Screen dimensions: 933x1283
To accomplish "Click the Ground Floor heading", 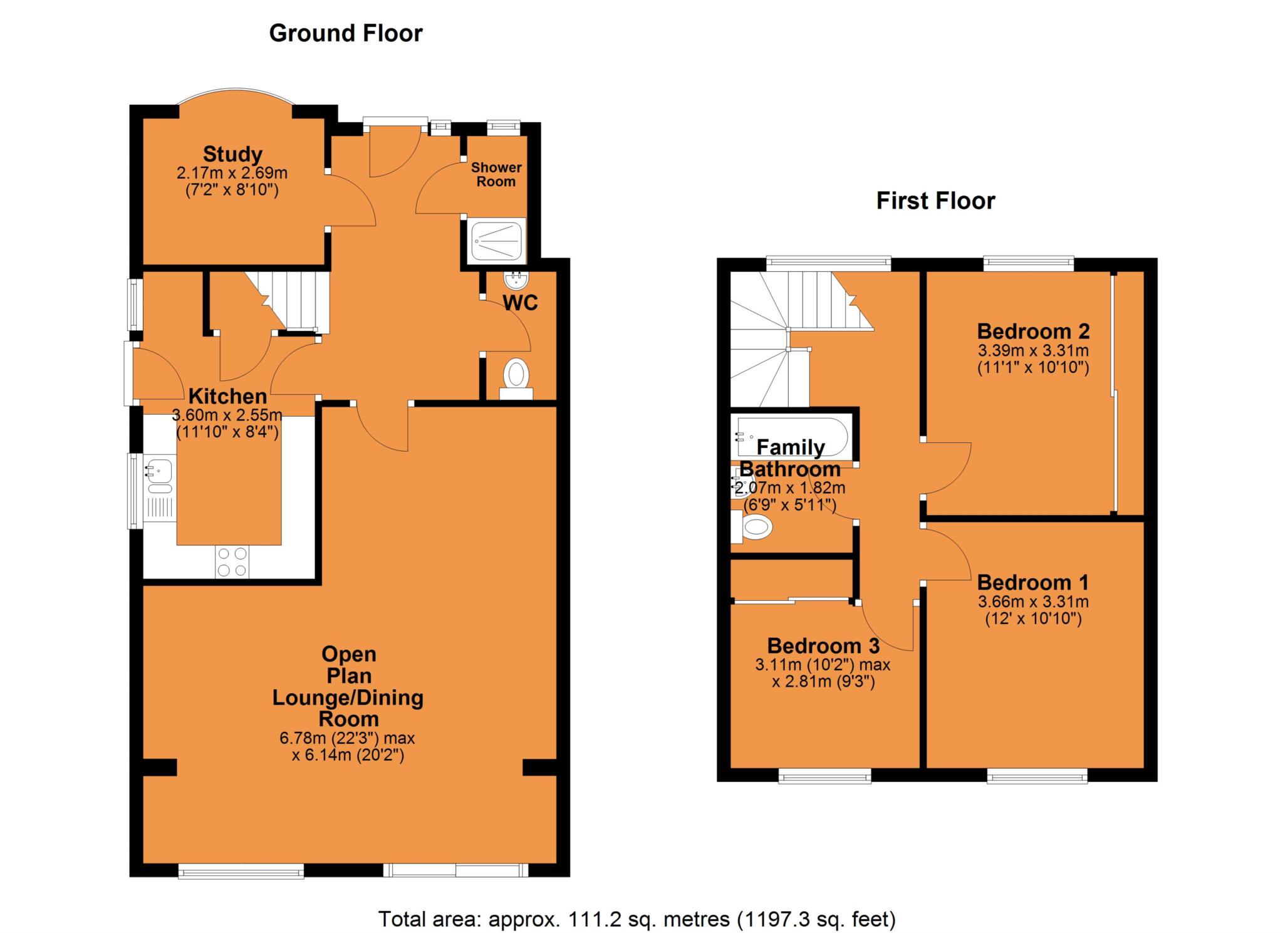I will (x=346, y=33).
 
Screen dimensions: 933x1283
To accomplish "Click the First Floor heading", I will (x=935, y=201).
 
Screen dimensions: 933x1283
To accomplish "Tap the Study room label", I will (x=232, y=154).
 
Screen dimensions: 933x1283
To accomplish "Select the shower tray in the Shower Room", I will (x=497, y=240).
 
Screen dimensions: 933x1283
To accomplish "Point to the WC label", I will (x=520, y=303).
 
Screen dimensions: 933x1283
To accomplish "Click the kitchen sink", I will (x=160, y=471).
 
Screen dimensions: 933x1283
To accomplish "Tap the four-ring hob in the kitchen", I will (x=232, y=561).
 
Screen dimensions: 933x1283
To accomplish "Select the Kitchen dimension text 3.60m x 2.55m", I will (x=227, y=415).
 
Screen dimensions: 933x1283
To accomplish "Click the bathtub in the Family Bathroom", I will (x=792, y=437).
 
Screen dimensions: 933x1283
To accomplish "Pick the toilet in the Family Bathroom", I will (x=754, y=527).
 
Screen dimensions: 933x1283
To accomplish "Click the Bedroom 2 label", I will (x=1033, y=331).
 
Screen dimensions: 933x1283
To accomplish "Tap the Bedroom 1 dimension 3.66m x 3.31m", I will (x=1033, y=602).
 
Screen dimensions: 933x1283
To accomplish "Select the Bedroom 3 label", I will (x=823, y=645).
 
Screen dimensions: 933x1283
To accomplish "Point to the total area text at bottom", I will (x=636, y=919).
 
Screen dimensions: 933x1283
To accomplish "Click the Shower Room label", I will (x=496, y=174).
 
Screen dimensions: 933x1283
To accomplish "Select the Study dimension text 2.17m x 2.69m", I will (x=232, y=173).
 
